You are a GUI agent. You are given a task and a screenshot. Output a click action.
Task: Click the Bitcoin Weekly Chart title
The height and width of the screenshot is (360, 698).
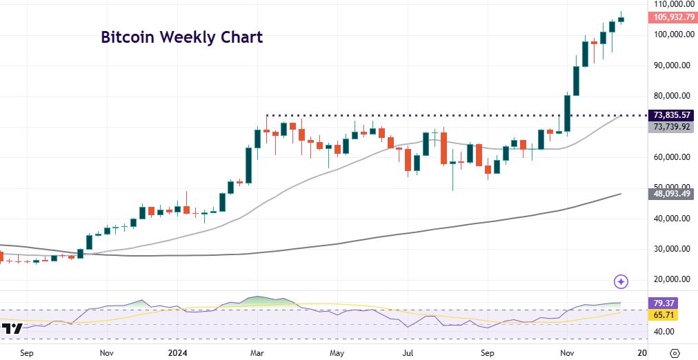[x=181, y=37]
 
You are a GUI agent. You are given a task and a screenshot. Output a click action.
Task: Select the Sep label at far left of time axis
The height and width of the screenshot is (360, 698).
[x=28, y=352]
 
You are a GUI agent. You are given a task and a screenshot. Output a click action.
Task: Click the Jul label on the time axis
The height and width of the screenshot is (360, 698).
[x=408, y=352]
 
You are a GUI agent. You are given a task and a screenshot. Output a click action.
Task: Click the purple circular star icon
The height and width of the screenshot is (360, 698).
[x=621, y=281]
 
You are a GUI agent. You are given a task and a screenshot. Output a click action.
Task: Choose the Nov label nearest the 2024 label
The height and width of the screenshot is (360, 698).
[x=106, y=352]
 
